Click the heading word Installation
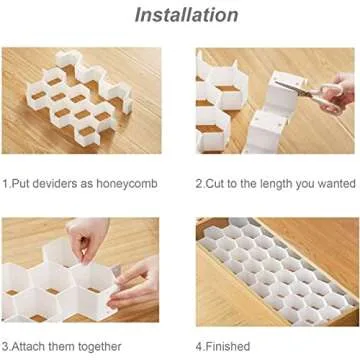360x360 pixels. (179, 15)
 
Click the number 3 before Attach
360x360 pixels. (6, 346)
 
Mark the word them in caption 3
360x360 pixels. (69, 346)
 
